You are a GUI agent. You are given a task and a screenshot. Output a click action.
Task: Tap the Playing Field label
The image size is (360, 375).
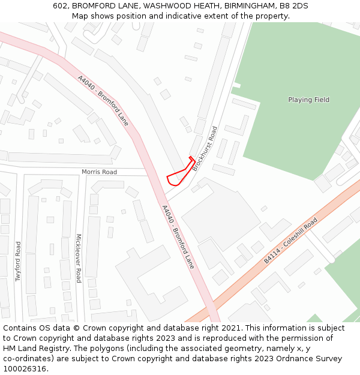tap(308, 100)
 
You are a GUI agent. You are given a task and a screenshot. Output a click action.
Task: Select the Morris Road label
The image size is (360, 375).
tap(100, 172)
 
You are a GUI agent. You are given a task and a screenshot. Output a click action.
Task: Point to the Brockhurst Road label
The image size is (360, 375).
tap(205, 149)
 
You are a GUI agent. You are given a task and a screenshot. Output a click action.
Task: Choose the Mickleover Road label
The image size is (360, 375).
tap(78, 258)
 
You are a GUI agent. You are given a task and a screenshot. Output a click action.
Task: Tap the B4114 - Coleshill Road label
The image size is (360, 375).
tap(290, 241)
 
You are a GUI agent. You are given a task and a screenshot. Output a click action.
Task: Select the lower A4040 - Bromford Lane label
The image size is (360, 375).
tap(178, 236)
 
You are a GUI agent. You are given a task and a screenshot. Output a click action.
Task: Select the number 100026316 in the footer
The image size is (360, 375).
tap(25, 369)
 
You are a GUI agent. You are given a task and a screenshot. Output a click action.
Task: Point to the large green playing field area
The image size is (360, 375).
tap(288, 126)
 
